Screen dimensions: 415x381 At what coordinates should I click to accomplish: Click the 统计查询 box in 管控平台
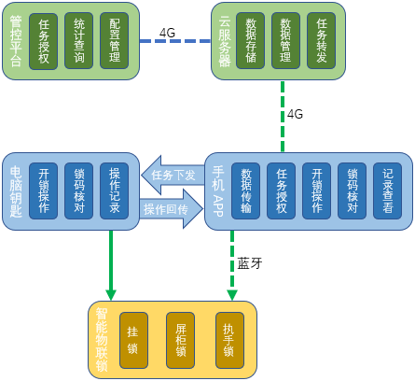coord(78,41)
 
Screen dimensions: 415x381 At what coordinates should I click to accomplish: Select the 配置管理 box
coord(114,41)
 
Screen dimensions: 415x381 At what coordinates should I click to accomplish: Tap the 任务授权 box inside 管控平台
coord(43,41)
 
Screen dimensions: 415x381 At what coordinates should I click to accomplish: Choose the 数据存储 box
coord(250,41)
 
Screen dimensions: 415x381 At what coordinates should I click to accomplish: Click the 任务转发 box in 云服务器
coord(321,41)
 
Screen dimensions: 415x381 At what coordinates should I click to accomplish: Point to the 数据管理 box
coord(285,41)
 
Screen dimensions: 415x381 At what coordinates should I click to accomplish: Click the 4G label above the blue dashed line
coord(167,33)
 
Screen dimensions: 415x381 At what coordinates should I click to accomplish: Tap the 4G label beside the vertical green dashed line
coord(295,114)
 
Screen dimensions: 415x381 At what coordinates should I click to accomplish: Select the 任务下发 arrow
coord(173,175)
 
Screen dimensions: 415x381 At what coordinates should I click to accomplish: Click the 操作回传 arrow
coord(172,209)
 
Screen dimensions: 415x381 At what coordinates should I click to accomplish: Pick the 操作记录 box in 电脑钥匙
coord(114,190)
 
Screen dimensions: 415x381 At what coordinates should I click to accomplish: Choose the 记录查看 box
coord(388,190)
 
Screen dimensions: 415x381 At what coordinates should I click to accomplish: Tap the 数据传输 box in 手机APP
coord(245,190)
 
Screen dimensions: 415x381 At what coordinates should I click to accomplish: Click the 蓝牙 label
coord(250,263)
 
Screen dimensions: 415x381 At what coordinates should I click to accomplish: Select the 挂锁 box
coord(133,340)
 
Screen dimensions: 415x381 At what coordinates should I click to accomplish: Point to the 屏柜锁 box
coord(180,340)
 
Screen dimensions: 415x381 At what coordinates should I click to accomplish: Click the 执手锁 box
coord(229,340)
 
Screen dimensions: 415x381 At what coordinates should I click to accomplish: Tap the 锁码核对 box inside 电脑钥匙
coord(78,190)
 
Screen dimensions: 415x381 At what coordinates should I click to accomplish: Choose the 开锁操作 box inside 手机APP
coord(316,190)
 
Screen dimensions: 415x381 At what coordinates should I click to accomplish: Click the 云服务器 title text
coord(225,42)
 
